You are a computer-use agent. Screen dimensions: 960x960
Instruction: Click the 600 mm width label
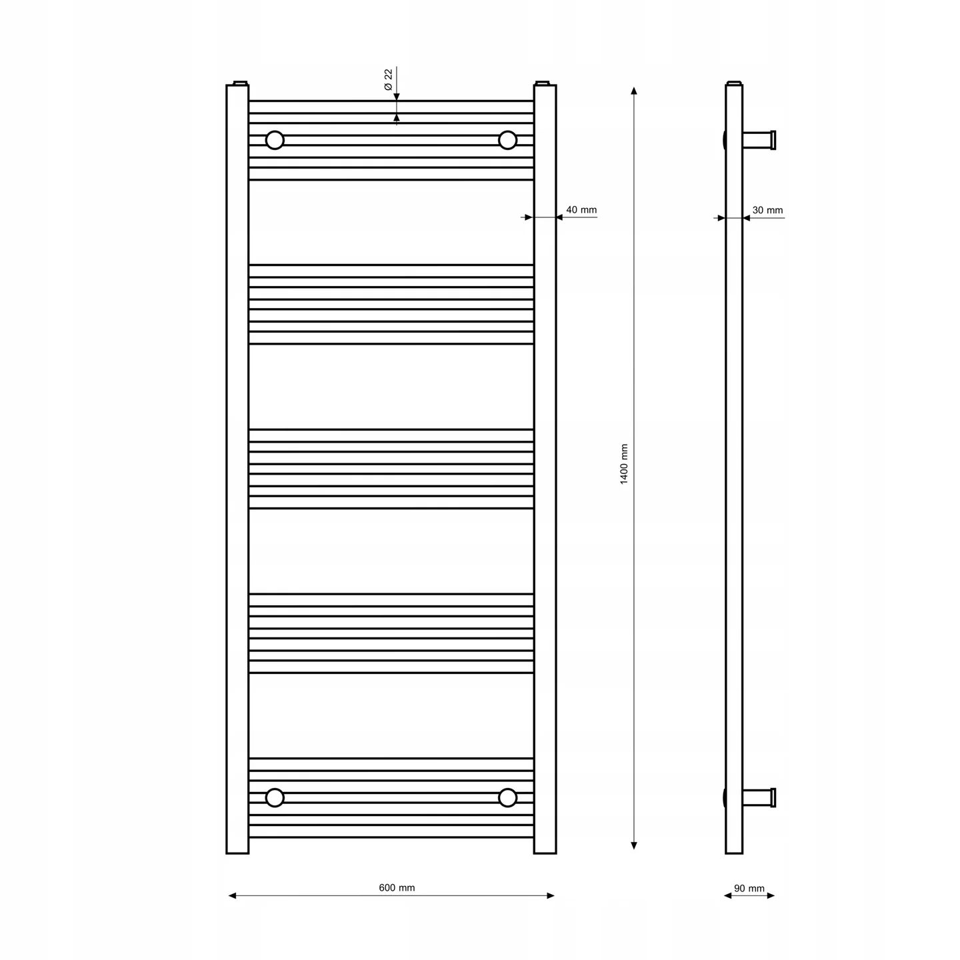397,887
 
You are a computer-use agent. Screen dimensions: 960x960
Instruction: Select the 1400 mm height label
624,464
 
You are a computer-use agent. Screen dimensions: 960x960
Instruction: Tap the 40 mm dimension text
581,210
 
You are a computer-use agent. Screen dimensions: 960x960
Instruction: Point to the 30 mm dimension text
768,210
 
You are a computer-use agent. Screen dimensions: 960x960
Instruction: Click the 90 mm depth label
749,888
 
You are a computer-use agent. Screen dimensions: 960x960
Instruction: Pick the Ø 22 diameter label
389,80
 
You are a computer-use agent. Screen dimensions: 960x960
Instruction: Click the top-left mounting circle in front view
275,141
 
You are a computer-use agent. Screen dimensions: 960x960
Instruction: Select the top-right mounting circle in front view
507,141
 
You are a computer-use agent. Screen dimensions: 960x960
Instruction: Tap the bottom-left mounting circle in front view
275,797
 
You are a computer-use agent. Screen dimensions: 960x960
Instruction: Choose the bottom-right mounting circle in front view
507,797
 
